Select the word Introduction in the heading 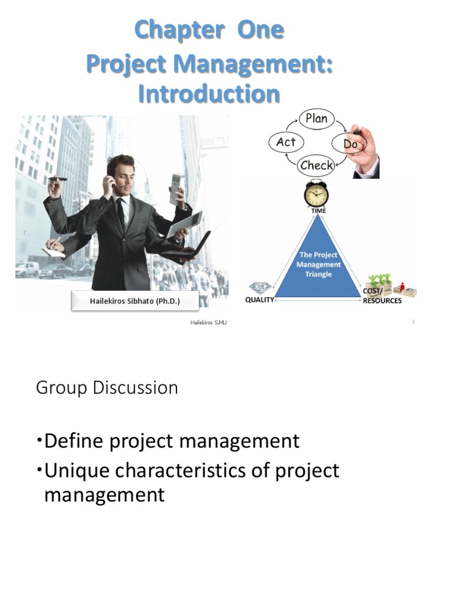209,94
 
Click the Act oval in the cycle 286,142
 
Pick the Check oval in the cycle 316,165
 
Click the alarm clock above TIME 316,194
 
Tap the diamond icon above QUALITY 260,288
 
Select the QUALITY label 260,301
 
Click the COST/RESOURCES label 382,297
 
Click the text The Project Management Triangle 318,264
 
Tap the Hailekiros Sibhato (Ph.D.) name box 135,301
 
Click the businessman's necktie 121,214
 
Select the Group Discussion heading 107,388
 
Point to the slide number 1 413,321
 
